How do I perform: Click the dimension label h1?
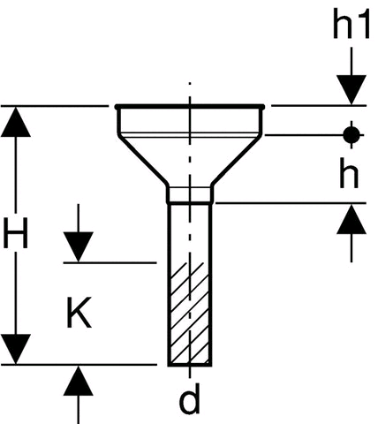point(351,24)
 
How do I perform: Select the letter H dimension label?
point(16,233)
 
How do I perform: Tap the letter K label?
point(79,313)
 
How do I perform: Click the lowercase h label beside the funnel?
point(349,173)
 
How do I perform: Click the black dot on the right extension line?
point(352,135)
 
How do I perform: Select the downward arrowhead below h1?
point(352,90)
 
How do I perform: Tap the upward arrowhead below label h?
point(352,219)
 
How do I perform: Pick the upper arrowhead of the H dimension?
point(16,122)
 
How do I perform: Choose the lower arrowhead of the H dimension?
point(16,349)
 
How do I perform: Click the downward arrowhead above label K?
point(79,246)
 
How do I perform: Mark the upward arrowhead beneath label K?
point(79,381)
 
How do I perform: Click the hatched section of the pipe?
point(190,313)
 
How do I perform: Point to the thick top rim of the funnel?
point(190,106)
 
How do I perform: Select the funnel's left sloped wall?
point(143,160)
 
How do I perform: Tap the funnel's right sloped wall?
point(237,160)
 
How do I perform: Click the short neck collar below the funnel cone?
point(190,194)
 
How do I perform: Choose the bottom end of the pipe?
point(190,365)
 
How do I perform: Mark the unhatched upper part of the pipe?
point(190,232)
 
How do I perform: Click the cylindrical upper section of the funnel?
point(190,121)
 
